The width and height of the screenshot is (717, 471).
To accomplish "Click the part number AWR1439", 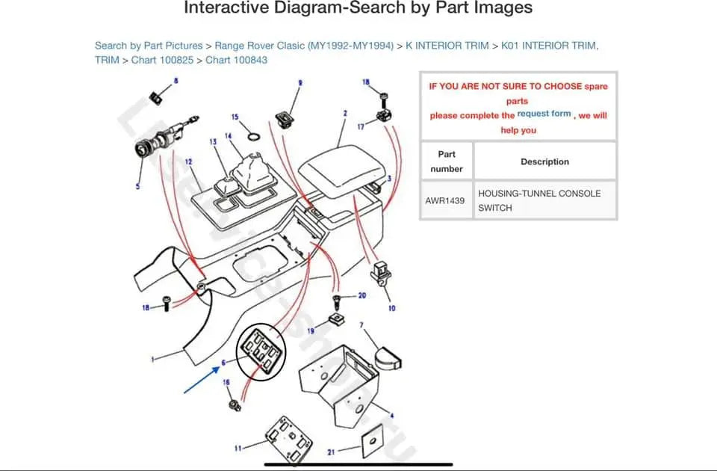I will click(x=445, y=200).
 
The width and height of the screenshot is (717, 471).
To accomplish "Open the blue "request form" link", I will click(x=544, y=114).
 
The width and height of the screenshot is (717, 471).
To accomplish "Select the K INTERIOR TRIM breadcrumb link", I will click(x=447, y=46).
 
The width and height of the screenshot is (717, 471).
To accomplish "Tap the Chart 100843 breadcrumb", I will click(x=236, y=60).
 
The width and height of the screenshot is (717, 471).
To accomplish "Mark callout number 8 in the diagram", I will click(x=176, y=80).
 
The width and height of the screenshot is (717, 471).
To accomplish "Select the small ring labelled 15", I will click(x=254, y=136).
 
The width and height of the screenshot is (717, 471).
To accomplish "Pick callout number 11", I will click(x=238, y=449).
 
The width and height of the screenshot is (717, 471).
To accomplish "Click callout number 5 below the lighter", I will click(x=137, y=186).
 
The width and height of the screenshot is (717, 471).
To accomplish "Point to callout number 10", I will click(x=391, y=308).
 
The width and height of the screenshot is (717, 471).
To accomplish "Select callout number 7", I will click(x=361, y=325).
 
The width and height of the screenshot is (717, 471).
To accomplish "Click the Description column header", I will click(x=544, y=161).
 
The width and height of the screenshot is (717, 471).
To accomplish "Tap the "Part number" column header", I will click(x=446, y=161).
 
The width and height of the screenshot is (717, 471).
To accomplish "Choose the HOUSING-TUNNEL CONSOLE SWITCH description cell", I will click(x=539, y=200).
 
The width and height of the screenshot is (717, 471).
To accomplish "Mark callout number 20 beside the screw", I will click(x=361, y=295).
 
